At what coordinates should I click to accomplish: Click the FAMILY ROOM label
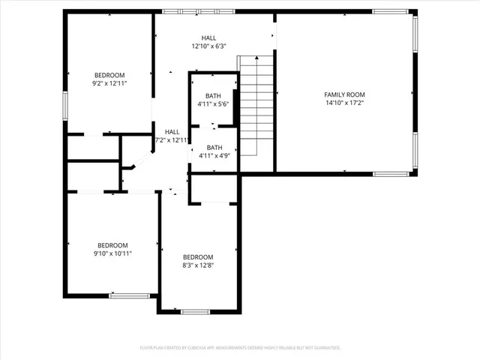(344, 94)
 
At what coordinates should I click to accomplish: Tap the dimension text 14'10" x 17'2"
(344, 103)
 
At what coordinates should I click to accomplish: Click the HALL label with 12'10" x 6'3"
(209, 37)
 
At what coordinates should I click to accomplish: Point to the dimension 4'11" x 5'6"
(214, 104)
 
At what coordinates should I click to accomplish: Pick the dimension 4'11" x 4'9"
(214, 156)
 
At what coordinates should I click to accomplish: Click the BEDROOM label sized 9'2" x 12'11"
(109, 75)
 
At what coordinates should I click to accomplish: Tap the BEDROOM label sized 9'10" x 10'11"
(112, 245)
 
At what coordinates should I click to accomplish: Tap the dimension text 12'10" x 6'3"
(209, 46)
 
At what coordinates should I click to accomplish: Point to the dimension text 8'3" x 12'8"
(198, 265)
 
